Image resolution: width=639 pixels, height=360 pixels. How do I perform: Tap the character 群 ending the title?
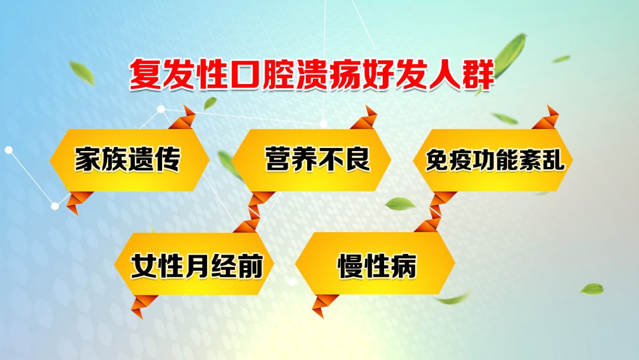[477, 75]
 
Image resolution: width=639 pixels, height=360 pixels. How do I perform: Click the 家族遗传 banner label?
[127, 160]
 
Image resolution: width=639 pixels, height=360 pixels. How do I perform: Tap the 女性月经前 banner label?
[196, 266]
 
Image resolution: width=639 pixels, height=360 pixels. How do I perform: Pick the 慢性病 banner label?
[377, 266]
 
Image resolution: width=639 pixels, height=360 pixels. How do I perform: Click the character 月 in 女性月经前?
[196, 266]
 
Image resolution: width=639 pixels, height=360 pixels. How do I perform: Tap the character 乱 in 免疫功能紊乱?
[554, 161]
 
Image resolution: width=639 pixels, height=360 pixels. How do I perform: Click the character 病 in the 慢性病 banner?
[404, 266]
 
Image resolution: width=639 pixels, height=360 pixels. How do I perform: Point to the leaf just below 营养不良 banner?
[400, 204]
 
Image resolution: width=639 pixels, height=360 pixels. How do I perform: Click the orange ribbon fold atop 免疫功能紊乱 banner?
[547, 118]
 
